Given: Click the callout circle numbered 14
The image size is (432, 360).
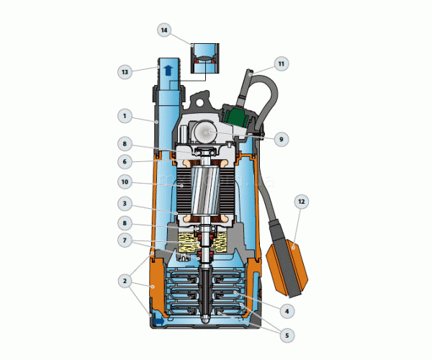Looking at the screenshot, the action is point(164,30).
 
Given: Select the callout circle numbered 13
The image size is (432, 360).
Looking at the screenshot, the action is point(125,72).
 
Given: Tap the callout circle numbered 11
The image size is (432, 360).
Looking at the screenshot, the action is point(282,64).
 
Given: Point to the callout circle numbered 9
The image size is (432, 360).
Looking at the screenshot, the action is point(282,139).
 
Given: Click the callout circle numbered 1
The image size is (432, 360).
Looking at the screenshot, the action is point(125,116).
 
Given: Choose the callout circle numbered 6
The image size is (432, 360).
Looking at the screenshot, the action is point(125,161).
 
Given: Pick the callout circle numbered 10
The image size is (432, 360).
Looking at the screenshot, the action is point(125,182).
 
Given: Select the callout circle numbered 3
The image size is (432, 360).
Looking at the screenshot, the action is point(125,204).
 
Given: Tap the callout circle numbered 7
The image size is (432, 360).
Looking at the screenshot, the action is point(125,240).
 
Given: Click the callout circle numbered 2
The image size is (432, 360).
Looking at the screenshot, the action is point(125,281).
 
